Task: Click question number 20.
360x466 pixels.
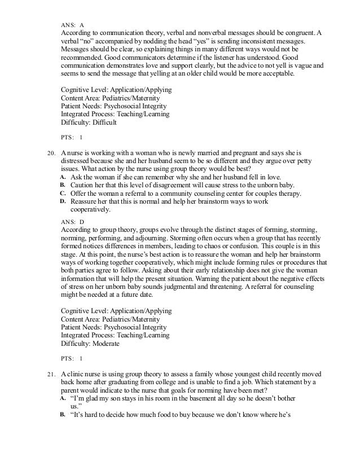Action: coord(49,152)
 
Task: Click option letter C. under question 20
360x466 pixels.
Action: coord(63,194)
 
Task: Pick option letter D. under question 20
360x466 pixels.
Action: coord(63,201)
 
